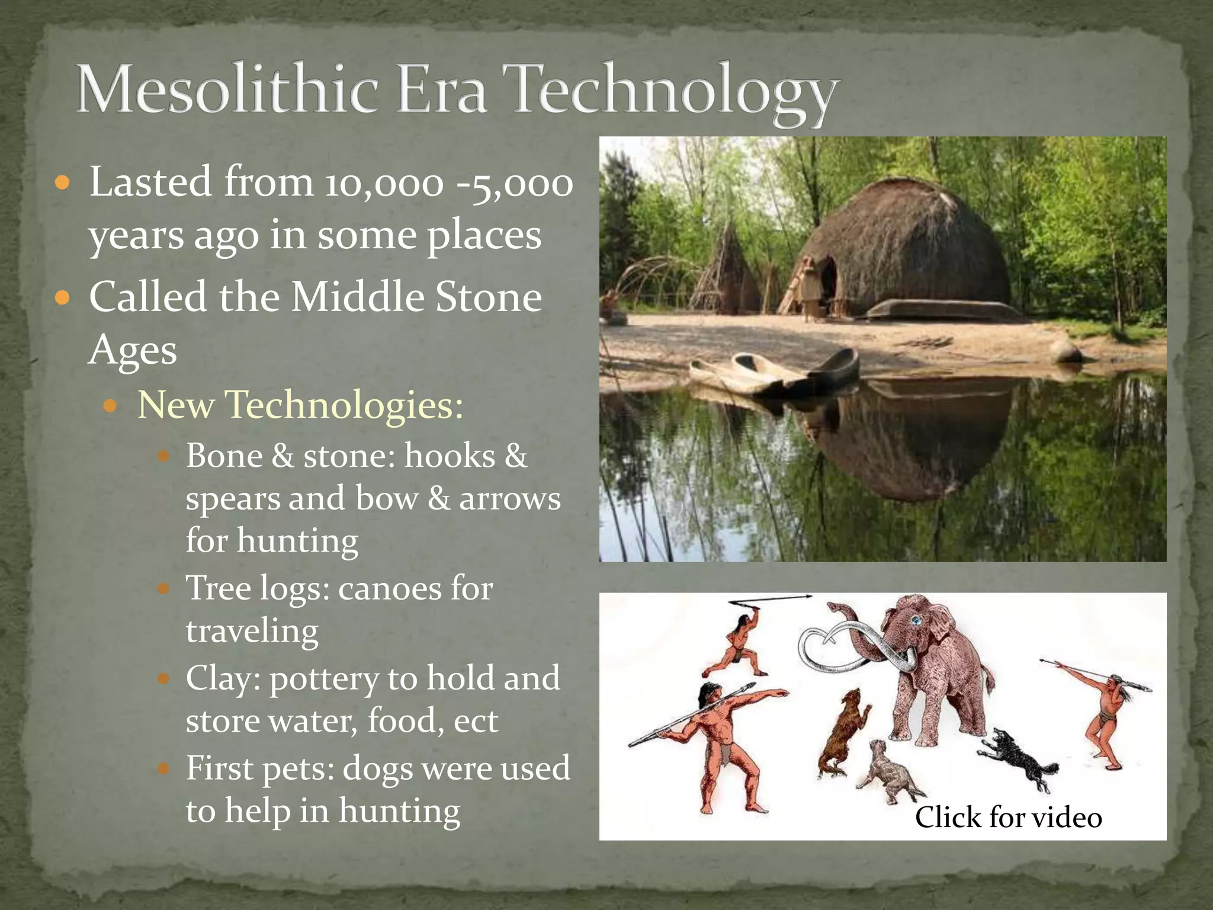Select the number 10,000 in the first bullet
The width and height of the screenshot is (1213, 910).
coord(383,184)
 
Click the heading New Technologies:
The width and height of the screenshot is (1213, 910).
coord(300,405)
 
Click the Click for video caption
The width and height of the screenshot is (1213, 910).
coord(1008,818)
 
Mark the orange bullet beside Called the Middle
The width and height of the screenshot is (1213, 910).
coord(62,297)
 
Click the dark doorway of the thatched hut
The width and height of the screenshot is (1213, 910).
coord(828,278)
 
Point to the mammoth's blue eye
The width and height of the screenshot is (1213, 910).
coord(916,620)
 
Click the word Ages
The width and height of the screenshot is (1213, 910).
coord(133,351)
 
